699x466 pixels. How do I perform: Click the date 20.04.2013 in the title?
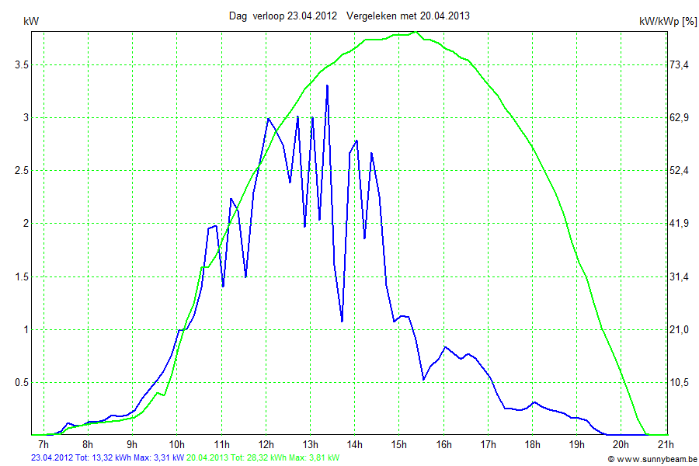pyautogui.click(x=445, y=16)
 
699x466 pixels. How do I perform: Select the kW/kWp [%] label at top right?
pyautogui.click(x=667, y=22)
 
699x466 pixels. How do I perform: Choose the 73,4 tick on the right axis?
pyautogui.click(x=680, y=65)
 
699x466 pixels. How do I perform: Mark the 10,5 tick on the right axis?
pyautogui.click(x=680, y=383)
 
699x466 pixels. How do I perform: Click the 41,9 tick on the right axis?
pyautogui.click(x=680, y=224)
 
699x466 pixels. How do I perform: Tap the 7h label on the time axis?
pyautogui.click(x=44, y=445)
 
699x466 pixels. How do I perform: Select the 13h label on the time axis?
pyautogui.click(x=311, y=445)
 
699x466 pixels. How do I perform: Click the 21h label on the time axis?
pyautogui.click(x=665, y=445)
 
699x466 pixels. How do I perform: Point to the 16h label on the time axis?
pyautogui.click(x=443, y=445)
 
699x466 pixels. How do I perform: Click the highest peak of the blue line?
pyautogui.click(x=327, y=85)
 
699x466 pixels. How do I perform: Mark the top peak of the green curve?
pyautogui.click(x=416, y=33)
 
